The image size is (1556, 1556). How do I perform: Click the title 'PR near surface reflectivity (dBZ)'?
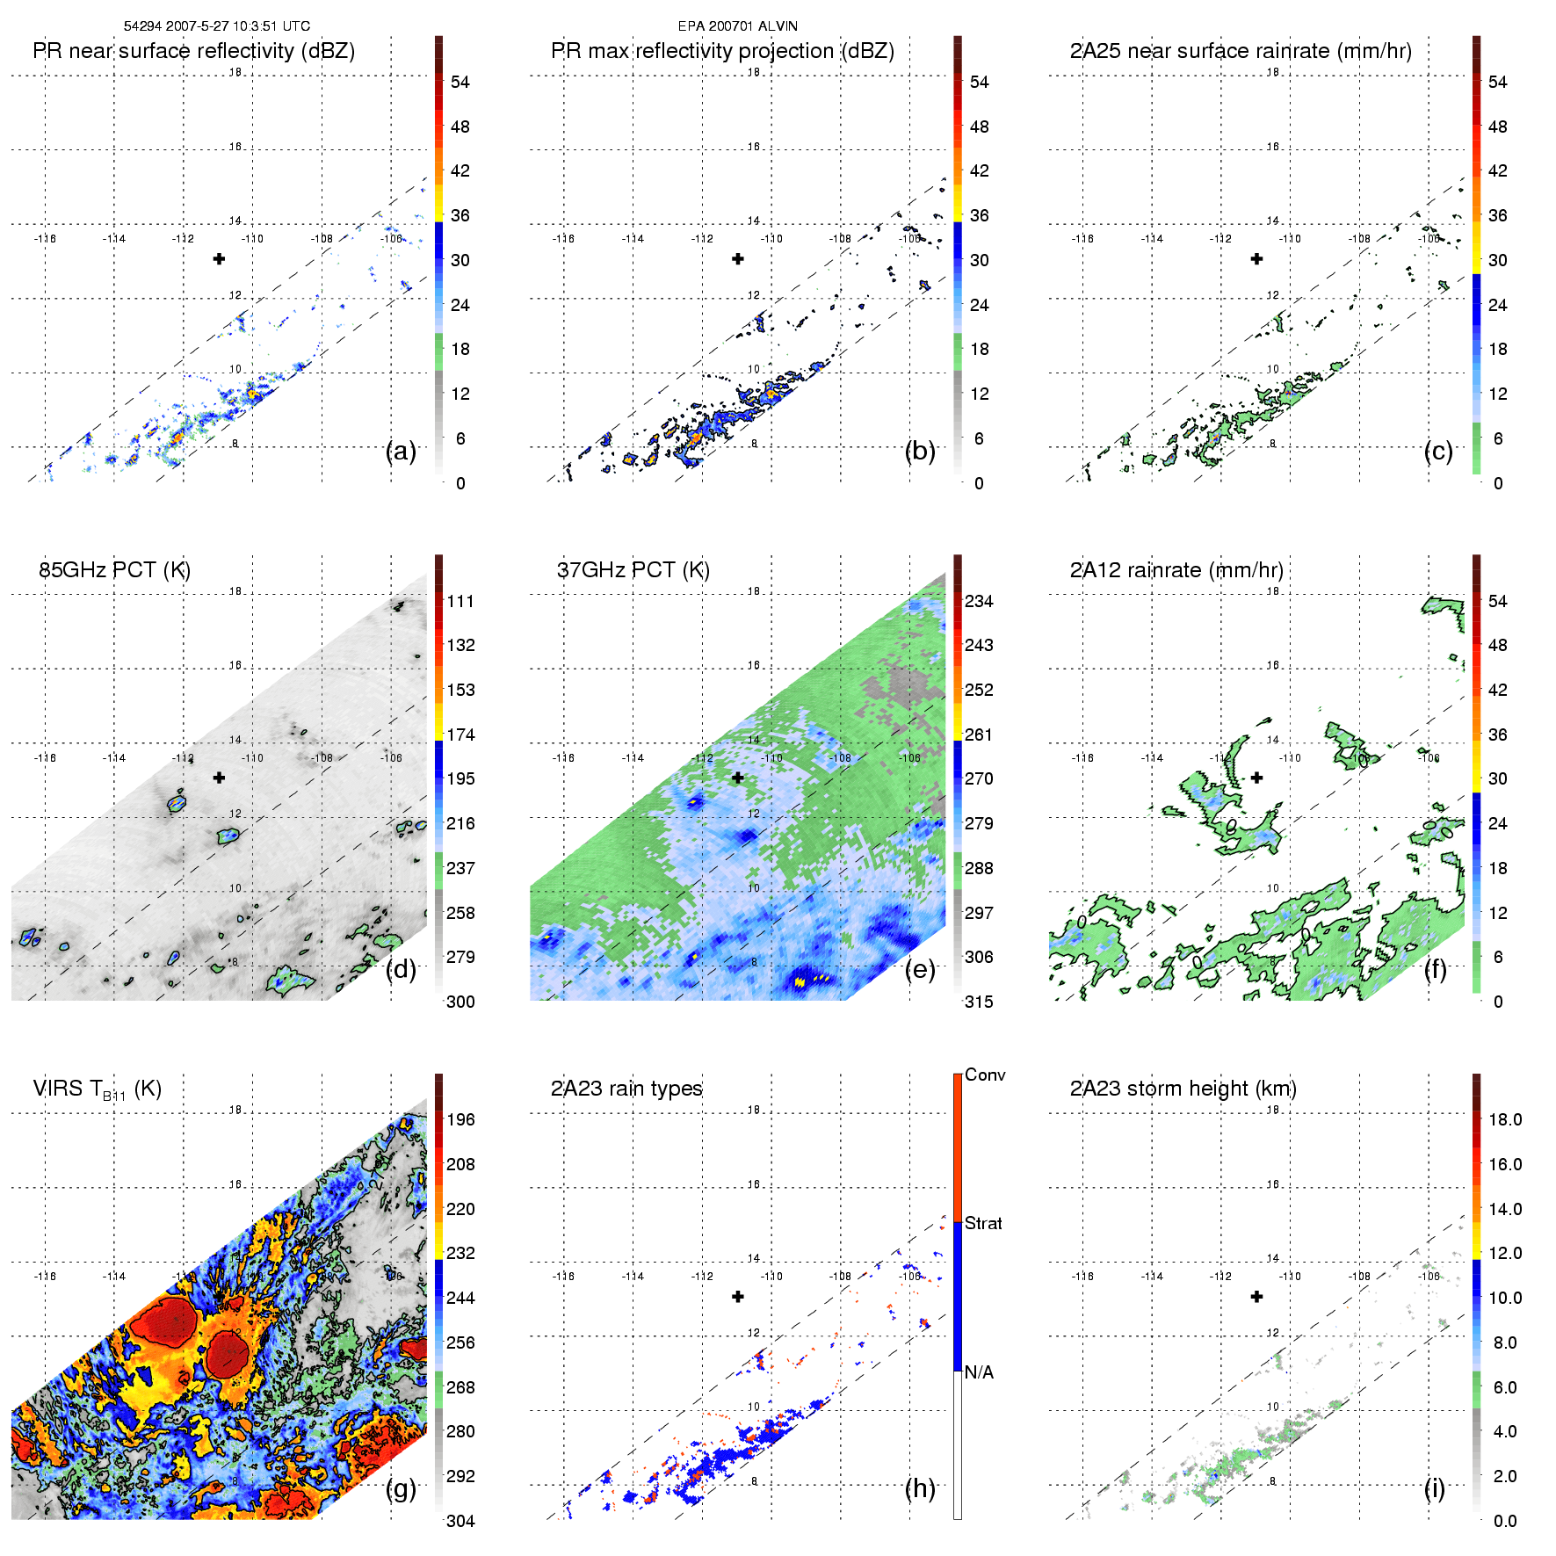coord(193,51)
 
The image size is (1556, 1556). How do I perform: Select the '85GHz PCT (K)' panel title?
coord(114,570)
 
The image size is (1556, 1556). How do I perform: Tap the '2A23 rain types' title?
coord(626,1089)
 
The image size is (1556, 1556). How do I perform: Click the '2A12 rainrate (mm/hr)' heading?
coord(1176,570)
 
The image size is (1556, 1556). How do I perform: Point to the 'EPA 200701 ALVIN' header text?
coord(737,26)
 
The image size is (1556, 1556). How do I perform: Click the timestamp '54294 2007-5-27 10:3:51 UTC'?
coord(216,26)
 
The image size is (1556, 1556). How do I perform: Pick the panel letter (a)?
coord(401,451)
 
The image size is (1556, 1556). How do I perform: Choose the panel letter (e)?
coord(920,969)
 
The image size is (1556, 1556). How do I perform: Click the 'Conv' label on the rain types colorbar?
coord(985,1075)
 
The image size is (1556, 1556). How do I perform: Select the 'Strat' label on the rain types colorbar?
coord(983,1223)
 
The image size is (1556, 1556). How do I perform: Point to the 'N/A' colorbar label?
coord(979,1372)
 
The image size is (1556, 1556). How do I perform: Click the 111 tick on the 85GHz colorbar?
coord(460,601)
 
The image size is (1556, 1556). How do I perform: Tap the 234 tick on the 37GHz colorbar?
coord(979,601)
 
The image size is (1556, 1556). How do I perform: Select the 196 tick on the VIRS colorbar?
coord(460,1119)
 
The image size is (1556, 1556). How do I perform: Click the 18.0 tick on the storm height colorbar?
coord(1504,1119)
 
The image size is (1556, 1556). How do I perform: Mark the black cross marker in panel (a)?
coord(219,258)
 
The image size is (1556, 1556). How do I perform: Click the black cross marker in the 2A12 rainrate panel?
coord(1256,778)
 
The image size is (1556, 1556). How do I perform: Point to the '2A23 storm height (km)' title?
coord(1183,1089)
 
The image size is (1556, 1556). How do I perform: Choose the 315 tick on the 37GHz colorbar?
coord(979,1002)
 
